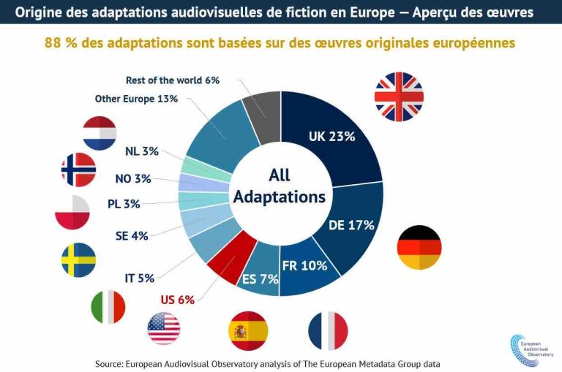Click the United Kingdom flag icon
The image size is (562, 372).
(399, 96)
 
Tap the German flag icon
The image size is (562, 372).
(419, 248)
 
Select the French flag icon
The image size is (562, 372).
(328, 330)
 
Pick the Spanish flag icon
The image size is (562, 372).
(248, 330)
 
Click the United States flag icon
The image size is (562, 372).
(164, 328)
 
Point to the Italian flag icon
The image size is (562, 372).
(108, 306)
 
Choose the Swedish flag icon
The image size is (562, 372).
(78, 259)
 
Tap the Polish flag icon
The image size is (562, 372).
(72, 213)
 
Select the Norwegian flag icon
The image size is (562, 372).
(78, 170)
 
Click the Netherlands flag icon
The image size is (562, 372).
(100, 133)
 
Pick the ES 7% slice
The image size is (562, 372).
(260, 278)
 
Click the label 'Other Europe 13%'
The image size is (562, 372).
(136, 99)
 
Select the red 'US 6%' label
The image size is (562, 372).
(177, 300)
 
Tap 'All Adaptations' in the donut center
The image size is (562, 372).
(279, 186)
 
